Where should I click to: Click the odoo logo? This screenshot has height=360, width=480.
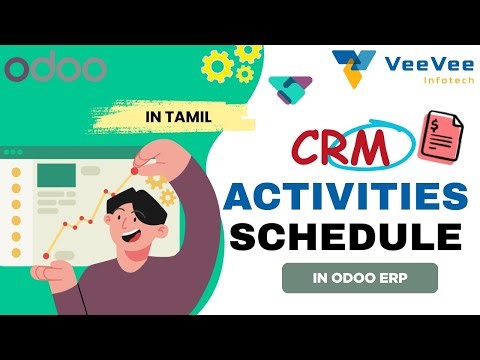coord(55,69)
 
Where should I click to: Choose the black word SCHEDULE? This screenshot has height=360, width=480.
coord(348,236)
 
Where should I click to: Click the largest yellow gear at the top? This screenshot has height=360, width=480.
coord(218,66)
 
